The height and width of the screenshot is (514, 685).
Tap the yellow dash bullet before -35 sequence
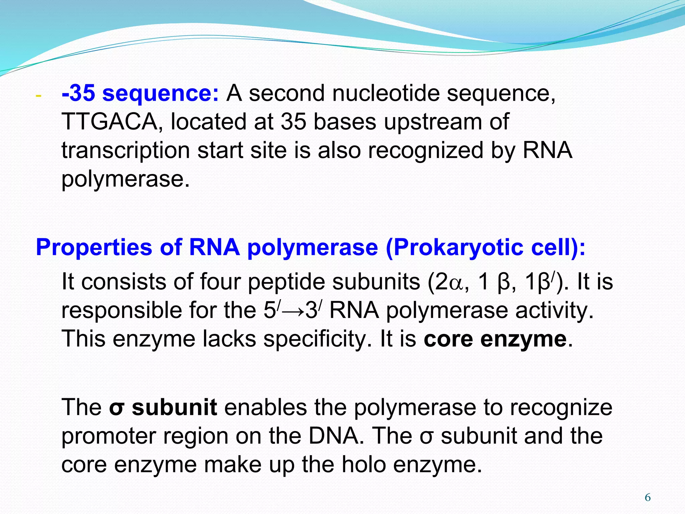38,96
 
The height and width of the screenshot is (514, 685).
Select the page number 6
648,498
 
